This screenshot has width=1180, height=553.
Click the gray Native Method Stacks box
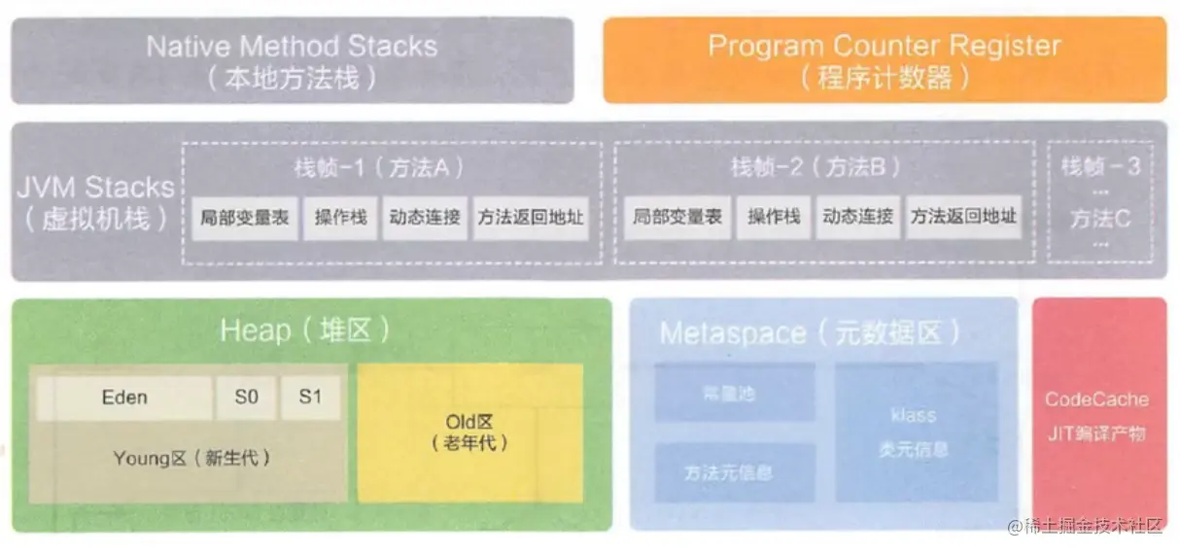click(x=292, y=60)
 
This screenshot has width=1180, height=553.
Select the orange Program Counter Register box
click(x=885, y=60)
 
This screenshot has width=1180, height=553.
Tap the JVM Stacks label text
click(x=95, y=202)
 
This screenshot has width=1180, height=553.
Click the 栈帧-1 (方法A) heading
click(x=379, y=167)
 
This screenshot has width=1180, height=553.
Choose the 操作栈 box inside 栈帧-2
click(x=774, y=218)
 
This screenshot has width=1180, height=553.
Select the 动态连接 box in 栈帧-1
click(x=425, y=218)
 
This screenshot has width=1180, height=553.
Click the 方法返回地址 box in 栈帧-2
click(x=963, y=218)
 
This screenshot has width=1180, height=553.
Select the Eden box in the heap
click(x=124, y=397)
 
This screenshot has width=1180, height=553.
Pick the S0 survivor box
click(x=246, y=397)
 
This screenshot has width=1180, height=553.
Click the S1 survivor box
click(x=310, y=397)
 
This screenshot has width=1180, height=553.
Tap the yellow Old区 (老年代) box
click(x=470, y=433)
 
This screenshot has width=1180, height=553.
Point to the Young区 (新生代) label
click(x=191, y=458)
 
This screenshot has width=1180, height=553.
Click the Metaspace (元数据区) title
click(x=810, y=333)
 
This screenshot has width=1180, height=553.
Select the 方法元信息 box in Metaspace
click(x=721, y=472)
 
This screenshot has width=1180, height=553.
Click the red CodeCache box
click(x=1098, y=414)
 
